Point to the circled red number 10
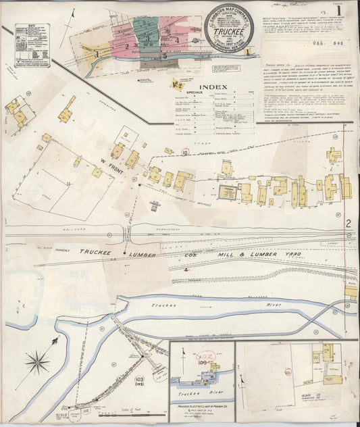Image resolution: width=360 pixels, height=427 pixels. coord(185,153)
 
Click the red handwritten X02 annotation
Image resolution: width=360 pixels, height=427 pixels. coord(202,355)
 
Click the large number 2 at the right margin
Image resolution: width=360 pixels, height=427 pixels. coord(349,224)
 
